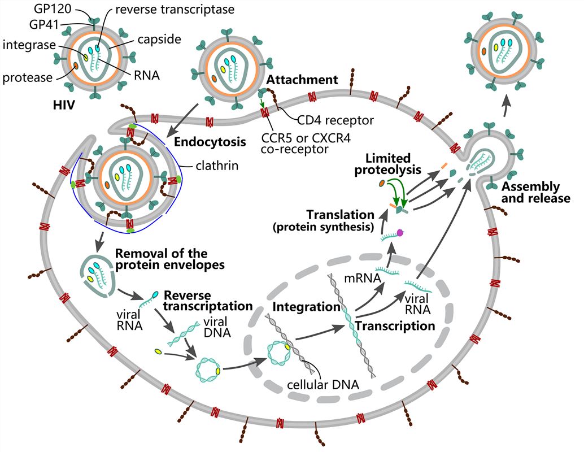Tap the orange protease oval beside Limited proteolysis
point(382,184)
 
